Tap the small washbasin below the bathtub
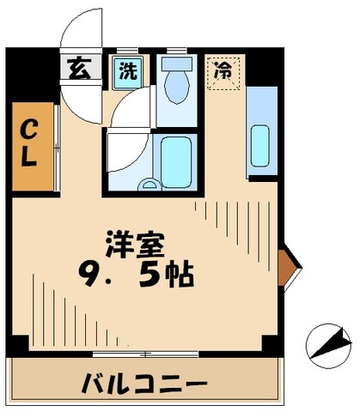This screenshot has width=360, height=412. click(x=149, y=182)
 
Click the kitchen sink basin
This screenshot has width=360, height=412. click(x=260, y=137)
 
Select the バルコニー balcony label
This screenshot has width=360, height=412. click(x=144, y=380)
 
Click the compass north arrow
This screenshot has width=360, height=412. click(x=325, y=343)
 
